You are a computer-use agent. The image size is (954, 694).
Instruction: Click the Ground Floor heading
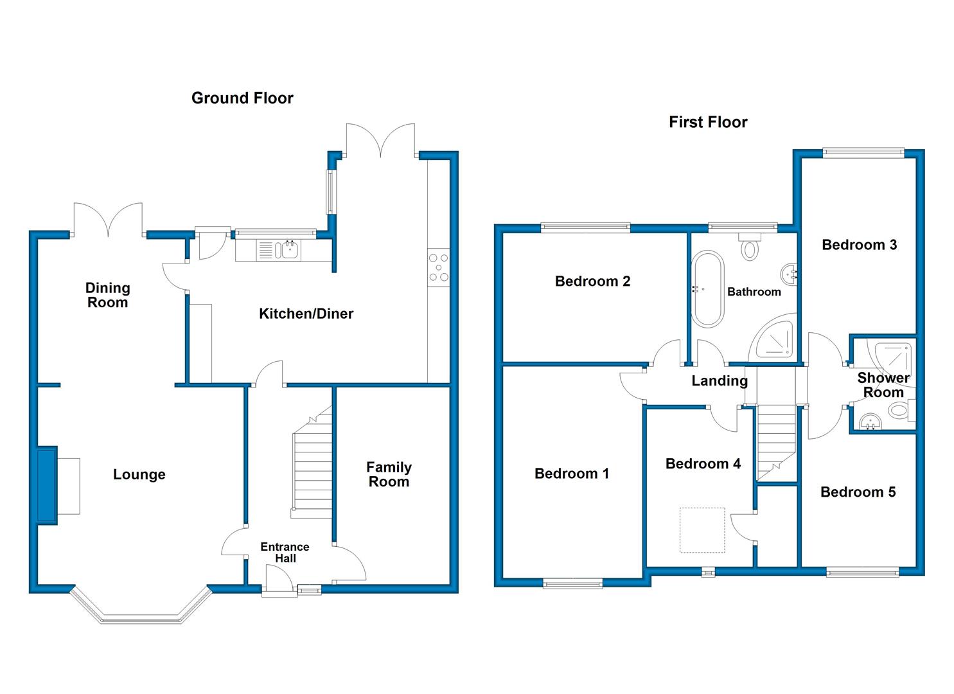pos(242,98)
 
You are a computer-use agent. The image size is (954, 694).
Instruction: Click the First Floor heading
pos(708,122)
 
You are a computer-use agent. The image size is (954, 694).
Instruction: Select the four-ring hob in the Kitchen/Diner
pos(439,267)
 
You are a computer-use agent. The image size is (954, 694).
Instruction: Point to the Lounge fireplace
pos(48,485)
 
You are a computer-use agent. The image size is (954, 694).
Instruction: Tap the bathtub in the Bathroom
pos(707,289)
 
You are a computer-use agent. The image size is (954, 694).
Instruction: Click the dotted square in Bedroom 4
pos(702,530)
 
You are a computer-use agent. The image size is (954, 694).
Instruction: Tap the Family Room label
pos(389,475)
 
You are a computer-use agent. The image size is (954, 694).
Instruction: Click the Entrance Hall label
pos(285,553)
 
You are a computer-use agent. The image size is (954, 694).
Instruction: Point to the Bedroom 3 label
pos(860,245)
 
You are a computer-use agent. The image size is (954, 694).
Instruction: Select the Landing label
pos(720,381)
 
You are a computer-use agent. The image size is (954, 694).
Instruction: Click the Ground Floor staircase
pos(312,462)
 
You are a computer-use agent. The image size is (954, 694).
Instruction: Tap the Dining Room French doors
pos(108,219)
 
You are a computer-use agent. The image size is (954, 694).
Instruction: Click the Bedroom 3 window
pos(863,152)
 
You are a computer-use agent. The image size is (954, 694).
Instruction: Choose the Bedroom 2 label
pos(592,281)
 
